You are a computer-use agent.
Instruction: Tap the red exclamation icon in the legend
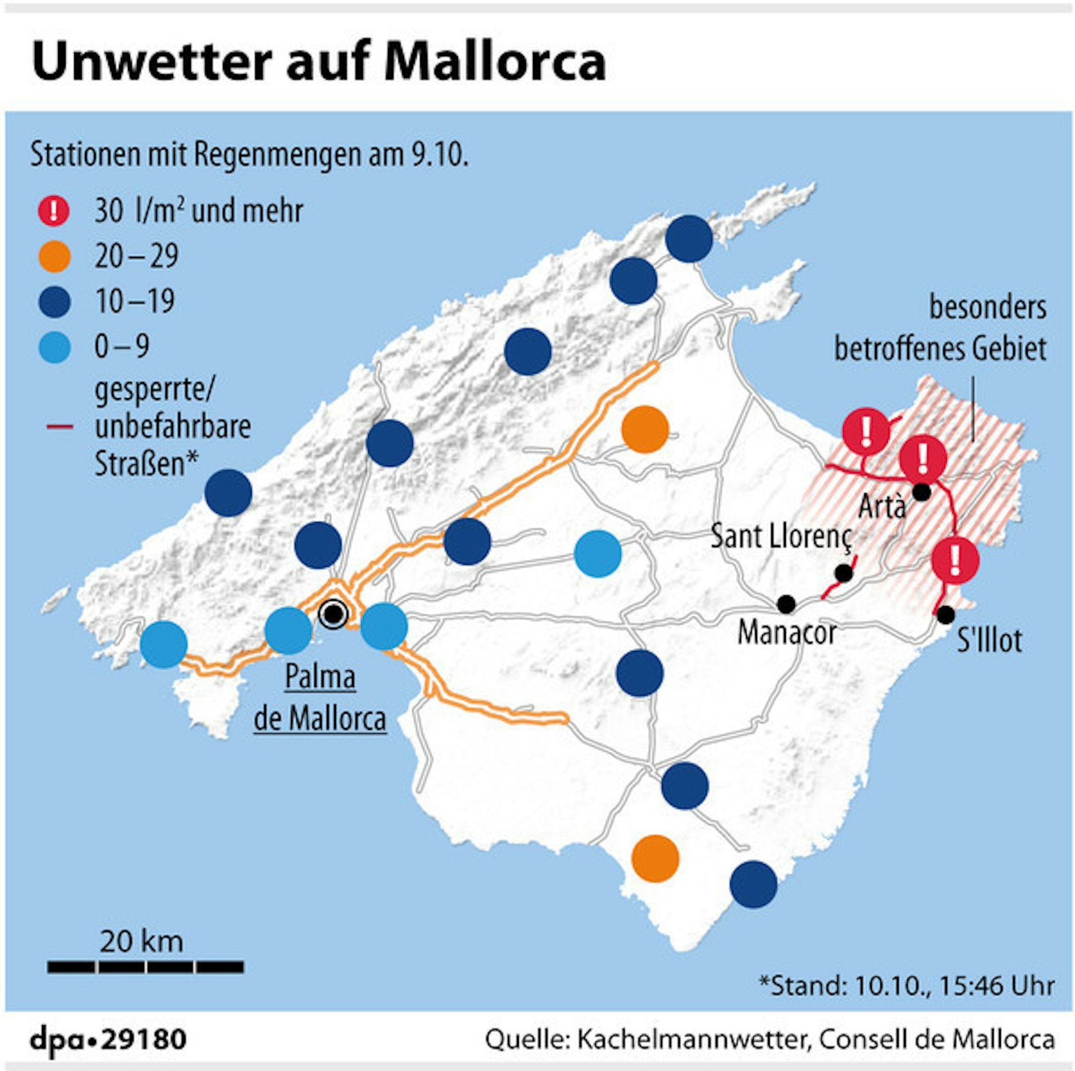coord(54,211)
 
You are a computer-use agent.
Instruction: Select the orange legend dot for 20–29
coord(54,256)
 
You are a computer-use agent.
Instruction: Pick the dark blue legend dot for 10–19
coord(54,302)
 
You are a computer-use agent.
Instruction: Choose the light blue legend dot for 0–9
coord(54,347)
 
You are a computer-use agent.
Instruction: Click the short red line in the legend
coord(60,427)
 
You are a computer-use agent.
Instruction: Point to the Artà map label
coord(882,506)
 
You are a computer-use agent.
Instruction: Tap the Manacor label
coord(787,632)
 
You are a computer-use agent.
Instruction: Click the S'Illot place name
coord(990,641)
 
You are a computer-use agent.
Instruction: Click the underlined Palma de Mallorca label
coord(320,698)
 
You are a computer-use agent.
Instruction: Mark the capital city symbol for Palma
coord(333,614)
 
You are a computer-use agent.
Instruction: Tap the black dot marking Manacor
coord(786,603)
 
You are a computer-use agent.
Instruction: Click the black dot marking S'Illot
coord(945,615)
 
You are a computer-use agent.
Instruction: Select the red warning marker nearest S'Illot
coord(955,561)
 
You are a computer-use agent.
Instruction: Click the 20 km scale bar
coord(145,967)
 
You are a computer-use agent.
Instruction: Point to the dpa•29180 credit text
coord(108,1039)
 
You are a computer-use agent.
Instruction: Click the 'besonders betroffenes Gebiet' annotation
coord(940,328)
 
